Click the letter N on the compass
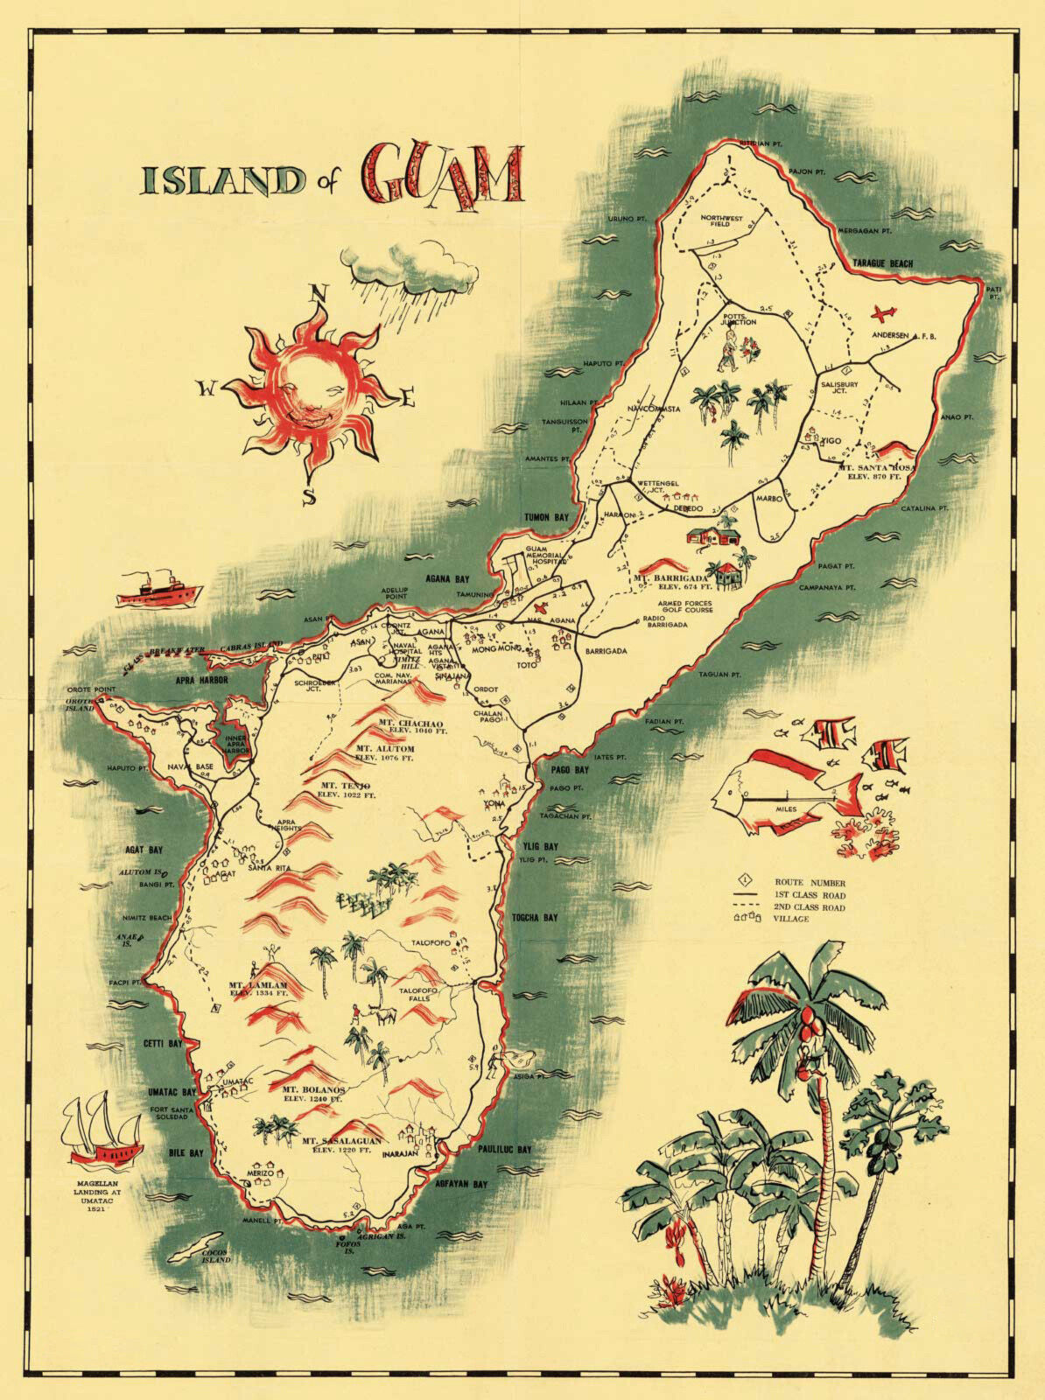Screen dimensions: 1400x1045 click(321, 293)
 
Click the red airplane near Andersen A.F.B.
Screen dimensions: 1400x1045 click(885, 312)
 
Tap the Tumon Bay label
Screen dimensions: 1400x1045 click(546, 518)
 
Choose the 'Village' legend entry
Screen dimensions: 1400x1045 click(789, 920)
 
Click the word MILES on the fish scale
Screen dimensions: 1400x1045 click(787, 809)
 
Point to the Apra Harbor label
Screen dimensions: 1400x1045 click(202, 679)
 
